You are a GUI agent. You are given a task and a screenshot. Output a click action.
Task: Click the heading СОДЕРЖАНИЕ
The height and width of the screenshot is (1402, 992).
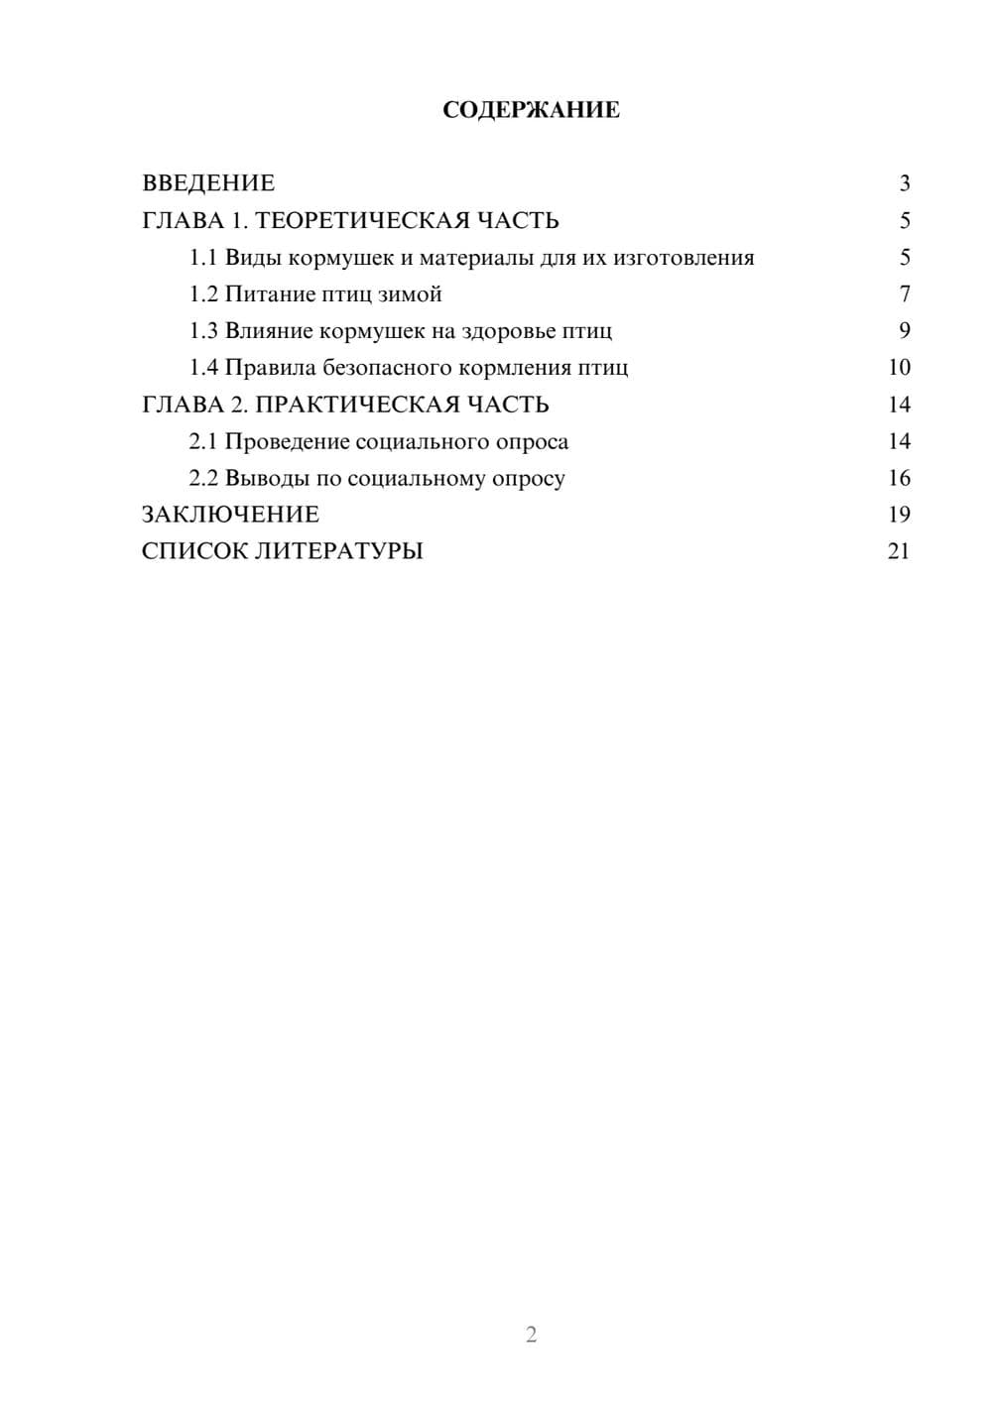coord(531,110)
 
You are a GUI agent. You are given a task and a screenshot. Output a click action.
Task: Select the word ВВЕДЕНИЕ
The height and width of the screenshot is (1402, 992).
coord(208,183)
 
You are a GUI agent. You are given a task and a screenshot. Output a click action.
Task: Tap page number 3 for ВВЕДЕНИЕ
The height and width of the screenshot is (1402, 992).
coord(904,183)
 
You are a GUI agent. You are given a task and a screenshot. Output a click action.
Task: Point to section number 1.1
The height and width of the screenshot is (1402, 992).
coord(203,258)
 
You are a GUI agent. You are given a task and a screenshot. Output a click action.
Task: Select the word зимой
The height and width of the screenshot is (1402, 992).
coord(410,294)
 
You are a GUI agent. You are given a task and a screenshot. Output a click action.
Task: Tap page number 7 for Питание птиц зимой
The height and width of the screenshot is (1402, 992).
coord(904,294)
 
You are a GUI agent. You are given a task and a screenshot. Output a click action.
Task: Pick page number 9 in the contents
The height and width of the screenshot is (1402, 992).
coord(904,331)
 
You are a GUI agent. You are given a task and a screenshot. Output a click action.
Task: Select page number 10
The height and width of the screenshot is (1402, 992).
coord(899,368)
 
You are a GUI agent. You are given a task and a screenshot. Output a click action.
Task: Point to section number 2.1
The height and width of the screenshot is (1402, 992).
coord(203,441)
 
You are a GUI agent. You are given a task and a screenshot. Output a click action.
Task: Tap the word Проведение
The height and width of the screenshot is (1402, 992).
coord(287,441)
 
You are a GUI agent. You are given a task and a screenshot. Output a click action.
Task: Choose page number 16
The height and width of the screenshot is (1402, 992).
coord(899,478)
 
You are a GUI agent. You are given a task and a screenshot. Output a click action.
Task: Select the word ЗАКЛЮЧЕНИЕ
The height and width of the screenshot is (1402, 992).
coord(230,515)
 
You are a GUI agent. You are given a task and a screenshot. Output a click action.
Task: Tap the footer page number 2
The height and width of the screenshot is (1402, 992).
coord(531,1335)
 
